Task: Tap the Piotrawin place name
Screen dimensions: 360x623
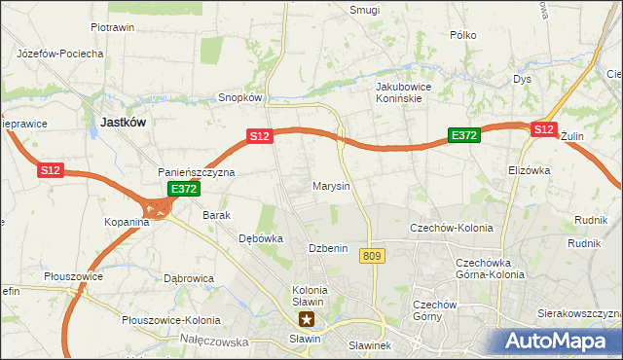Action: pyautogui.click(x=112, y=27)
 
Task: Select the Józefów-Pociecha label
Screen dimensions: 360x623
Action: pyautogui.click(x=60, y=54)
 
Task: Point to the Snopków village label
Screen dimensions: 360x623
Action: pyautogui.click(x=241, y=97)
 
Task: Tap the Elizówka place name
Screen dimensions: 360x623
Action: pyautogui.click(x=529, y=169)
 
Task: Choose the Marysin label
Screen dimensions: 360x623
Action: pyautogui.click(x=331, y=185)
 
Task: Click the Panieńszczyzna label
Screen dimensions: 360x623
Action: pyautogui.click(x=197, y=172)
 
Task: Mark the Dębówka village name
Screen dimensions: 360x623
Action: pyautogui.click(x=261, y=237)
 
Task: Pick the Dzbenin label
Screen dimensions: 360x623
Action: pyautogui.click(x=328, y=248)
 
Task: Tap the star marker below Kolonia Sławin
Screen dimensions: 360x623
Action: pyautogui.click(x=308, y=318)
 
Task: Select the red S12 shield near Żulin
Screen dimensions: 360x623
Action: pyautogui.click(x=543, y=128)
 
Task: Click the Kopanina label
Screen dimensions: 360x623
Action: pyautogui.click(x=127, y=222)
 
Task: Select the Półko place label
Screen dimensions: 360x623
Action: pyautogui.click(x=463, y=35)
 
